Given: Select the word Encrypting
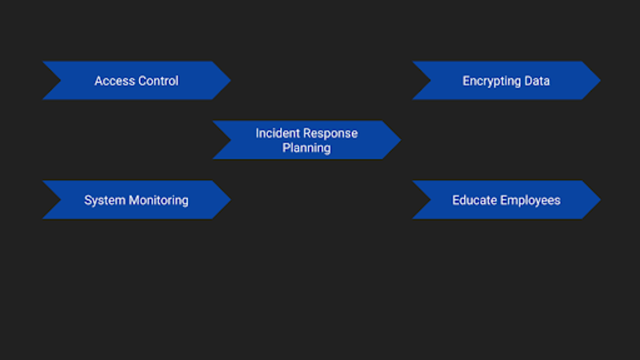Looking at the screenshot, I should click(x=491, y=81).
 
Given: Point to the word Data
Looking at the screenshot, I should click(x=537, y=81).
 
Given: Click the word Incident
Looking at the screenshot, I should click(x=278, y=133).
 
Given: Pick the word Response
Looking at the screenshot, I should click(x=330, y=133).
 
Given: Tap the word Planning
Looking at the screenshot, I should click(x=306, y=148).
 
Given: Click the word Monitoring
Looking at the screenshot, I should click(x=158, y=200).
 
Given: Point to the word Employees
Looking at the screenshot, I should click(x=530, y=200).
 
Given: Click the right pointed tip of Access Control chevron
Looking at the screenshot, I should click(x=230, y=80).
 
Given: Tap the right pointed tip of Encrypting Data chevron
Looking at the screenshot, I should click(x=600, y=80).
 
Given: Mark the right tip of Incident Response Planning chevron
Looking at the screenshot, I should click(x=400, y=140).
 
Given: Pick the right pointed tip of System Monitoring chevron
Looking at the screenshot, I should click(x=230, y=200).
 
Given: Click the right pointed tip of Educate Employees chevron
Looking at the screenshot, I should click(x=600, y=200).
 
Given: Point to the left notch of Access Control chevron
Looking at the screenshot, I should click(x=62, y=80).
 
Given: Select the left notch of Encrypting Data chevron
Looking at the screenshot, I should click(x=431, y=80).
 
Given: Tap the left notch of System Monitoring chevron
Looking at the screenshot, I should click(x=62, y=200).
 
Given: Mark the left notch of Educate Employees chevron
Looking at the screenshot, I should click(x=431, y=200).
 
